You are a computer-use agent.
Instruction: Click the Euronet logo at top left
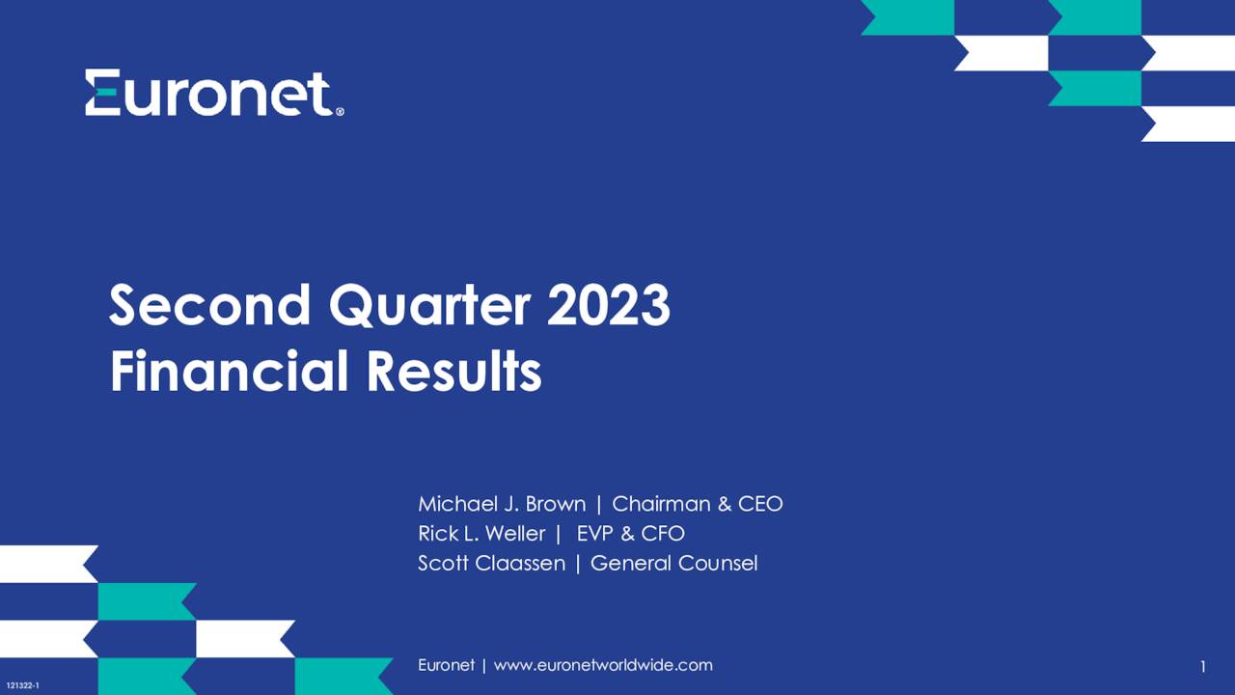pyautogui.click(x=213, y=93)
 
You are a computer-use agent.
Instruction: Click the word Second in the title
pyautogui.click(x=210, y=306)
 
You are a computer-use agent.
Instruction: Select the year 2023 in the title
pyautogui.click(x=608, y=306)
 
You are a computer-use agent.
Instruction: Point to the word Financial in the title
pyautogui.click(x=229, y=371)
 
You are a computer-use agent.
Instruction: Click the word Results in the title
pyautogui.click(x=453, y=371)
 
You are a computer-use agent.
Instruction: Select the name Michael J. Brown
pyautogui.click(x=501, y=504)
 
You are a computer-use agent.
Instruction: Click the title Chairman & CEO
pyautogui.click(x=697, y=504)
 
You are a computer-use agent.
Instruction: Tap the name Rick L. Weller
pyautogui.click(x=480, y=534)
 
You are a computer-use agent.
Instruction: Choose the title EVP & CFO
pyautogui.click(x=630, y=534)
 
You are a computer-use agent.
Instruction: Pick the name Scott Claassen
pyautogui.click(x=491, y=563)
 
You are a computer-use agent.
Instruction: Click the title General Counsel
pyautogui.click(x=673, y=563)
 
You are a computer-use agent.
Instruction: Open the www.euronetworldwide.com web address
pyautogui.click(x=603, y=665)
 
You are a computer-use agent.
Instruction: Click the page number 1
pyautogui.click(x=1203, y=667)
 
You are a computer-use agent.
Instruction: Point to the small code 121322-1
pyautogui.click(x=22, y=684)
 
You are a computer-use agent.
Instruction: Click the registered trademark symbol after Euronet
pyautogui.click(x=340, y=112)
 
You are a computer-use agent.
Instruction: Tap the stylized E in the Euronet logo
pyautogui.click(x=102, y=93)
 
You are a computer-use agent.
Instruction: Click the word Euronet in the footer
pyautogui.click(x=446, y=665)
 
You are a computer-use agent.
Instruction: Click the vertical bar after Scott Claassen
pyautogui.click(x=578, y=563)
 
